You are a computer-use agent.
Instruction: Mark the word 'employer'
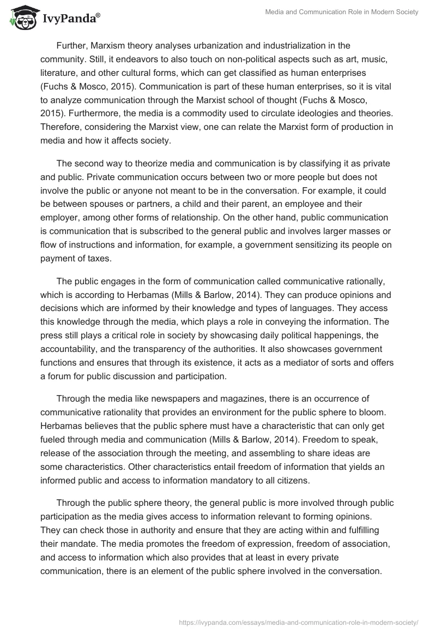62,217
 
